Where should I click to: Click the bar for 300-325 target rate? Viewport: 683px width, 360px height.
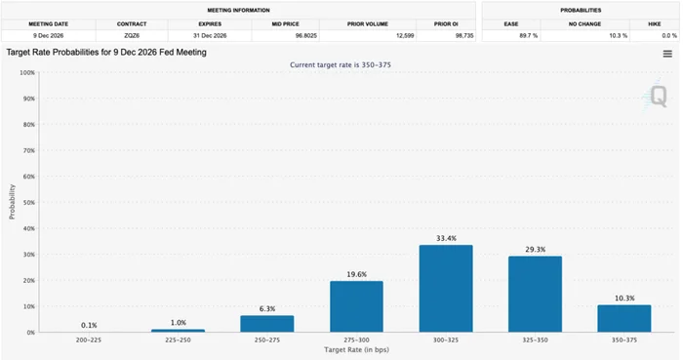(446, 289)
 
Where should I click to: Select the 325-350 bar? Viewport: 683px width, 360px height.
(535, 295)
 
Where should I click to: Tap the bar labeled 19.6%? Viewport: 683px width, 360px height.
(356, 306)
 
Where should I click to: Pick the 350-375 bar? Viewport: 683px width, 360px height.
(624, 319)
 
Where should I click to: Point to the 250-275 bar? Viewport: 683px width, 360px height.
(267, 324)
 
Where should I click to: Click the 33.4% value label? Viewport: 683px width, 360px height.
(446, 238)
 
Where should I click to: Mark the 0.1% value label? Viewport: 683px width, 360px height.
(89, 325)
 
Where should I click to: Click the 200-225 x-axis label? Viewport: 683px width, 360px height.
(89, 340)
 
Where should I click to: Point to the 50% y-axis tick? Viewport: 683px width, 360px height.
(28, 202)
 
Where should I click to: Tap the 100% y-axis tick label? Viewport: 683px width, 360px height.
(27, 73)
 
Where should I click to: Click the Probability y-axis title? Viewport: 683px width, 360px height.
(12, 202)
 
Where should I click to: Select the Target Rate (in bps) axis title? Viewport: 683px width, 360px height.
(356, 349)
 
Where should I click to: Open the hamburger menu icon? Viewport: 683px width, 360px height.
(667, 54)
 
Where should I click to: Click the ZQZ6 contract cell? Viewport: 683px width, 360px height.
(132, 36)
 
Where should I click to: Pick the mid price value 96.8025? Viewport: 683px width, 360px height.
(306, 36)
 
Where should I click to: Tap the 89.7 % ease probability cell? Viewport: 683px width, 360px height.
(529, 36)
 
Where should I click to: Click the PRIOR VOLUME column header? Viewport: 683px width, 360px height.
(368, 24)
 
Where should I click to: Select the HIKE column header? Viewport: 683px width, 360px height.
(655, 24)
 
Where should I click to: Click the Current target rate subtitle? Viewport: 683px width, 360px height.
(341, 64)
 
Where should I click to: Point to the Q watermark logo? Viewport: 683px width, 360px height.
(657, 96)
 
